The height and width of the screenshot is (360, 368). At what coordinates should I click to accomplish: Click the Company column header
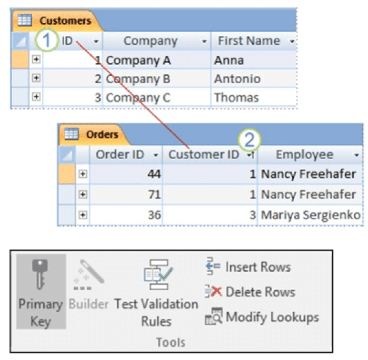(x=150, y=41)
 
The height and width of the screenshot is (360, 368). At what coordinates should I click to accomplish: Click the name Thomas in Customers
(x=236, y=98)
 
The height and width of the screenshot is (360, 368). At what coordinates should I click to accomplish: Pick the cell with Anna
(x=229, y=60)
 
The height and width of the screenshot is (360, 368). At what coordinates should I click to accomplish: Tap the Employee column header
(x=304, y=155)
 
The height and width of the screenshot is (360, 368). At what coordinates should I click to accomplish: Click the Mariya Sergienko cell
(x=308, y=214)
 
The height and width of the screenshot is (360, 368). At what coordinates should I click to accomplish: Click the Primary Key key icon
(x=40, y=274)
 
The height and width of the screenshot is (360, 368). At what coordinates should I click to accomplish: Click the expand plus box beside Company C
(x=36, y=97)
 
